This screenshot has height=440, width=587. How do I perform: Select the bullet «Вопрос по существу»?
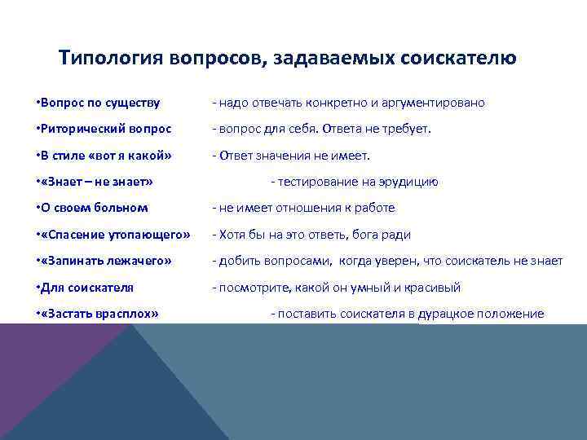click(99, 103)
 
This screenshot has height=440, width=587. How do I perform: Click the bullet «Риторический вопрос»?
click(104, 129)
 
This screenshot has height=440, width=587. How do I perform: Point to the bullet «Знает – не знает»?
click(95, 182)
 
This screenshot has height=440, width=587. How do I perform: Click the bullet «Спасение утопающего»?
click(113, 235)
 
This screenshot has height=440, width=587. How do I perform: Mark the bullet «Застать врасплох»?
click(99, 314)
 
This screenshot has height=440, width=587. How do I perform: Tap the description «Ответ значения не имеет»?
click(291, 156)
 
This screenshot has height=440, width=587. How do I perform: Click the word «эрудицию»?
click(412, 182)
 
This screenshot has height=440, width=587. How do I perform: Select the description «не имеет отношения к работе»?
click(303, 208)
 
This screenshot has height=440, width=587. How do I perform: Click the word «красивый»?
click(433, 288)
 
